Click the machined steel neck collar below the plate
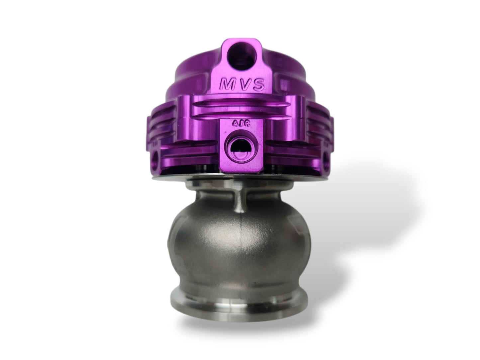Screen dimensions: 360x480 213,186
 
